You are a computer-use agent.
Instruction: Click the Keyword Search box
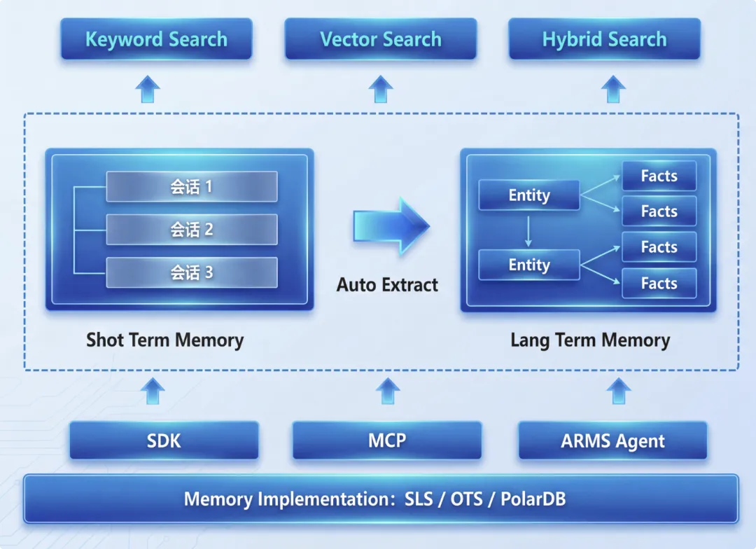(156, 39)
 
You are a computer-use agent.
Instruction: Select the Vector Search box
(381, 39)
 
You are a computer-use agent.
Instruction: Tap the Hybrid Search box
(604, 39)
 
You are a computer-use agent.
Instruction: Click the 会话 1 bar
(191, 186)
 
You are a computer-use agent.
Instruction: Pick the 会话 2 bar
(191, 230)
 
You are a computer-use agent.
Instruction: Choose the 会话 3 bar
(191, 272)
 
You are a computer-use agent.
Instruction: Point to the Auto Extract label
(387, 285)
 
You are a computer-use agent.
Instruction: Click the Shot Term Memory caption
(164, 340)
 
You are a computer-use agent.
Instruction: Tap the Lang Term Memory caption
(590, 340)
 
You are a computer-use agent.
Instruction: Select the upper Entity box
(529, 195)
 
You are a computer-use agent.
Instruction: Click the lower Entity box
(529, 265)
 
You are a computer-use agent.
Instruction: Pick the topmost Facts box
(659, 176)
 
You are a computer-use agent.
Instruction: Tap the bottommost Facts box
(659, 284)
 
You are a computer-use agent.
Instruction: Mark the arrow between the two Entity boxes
(528, 230)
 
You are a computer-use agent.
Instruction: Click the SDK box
(164, 440)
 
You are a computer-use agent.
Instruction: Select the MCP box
(387, 440)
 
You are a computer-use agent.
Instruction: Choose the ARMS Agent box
(612, 441)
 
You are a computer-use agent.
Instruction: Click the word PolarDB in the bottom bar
(533, 499)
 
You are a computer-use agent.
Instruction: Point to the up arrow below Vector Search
(381, 89)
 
